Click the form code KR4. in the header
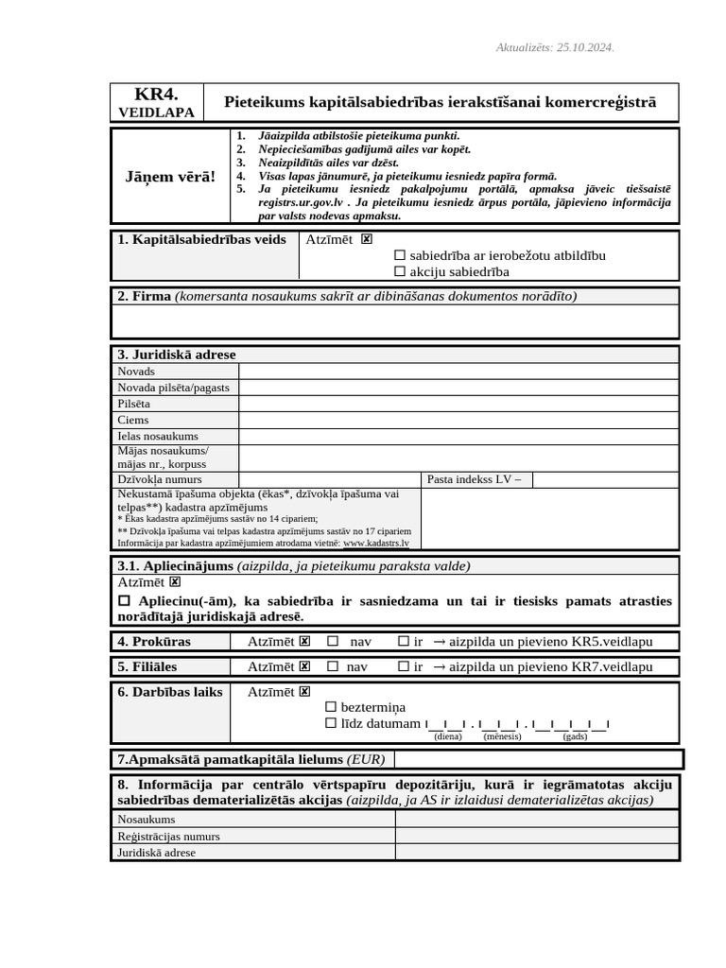pos(156,94)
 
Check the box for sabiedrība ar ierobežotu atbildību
pos(400,255)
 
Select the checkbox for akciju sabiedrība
pos(400,272)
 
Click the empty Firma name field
pos(395,321)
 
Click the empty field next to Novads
pos(458,372)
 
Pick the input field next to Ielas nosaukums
pos(458,436)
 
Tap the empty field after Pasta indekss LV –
pos(605,479)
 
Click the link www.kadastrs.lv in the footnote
pos(376,544)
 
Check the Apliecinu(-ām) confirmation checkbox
pos(124,601)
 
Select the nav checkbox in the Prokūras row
pos(333,642)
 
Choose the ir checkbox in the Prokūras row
pos(404,642)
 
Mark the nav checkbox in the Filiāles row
pos(333,666)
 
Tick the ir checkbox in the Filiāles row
pos(404,666)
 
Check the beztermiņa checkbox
pos(331,707)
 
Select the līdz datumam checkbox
pos(331,724)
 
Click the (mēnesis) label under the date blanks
pos(502,736)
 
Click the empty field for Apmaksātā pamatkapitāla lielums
pos(537,759)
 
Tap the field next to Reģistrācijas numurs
pos(536,837)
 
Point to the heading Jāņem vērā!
pos(170,177)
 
